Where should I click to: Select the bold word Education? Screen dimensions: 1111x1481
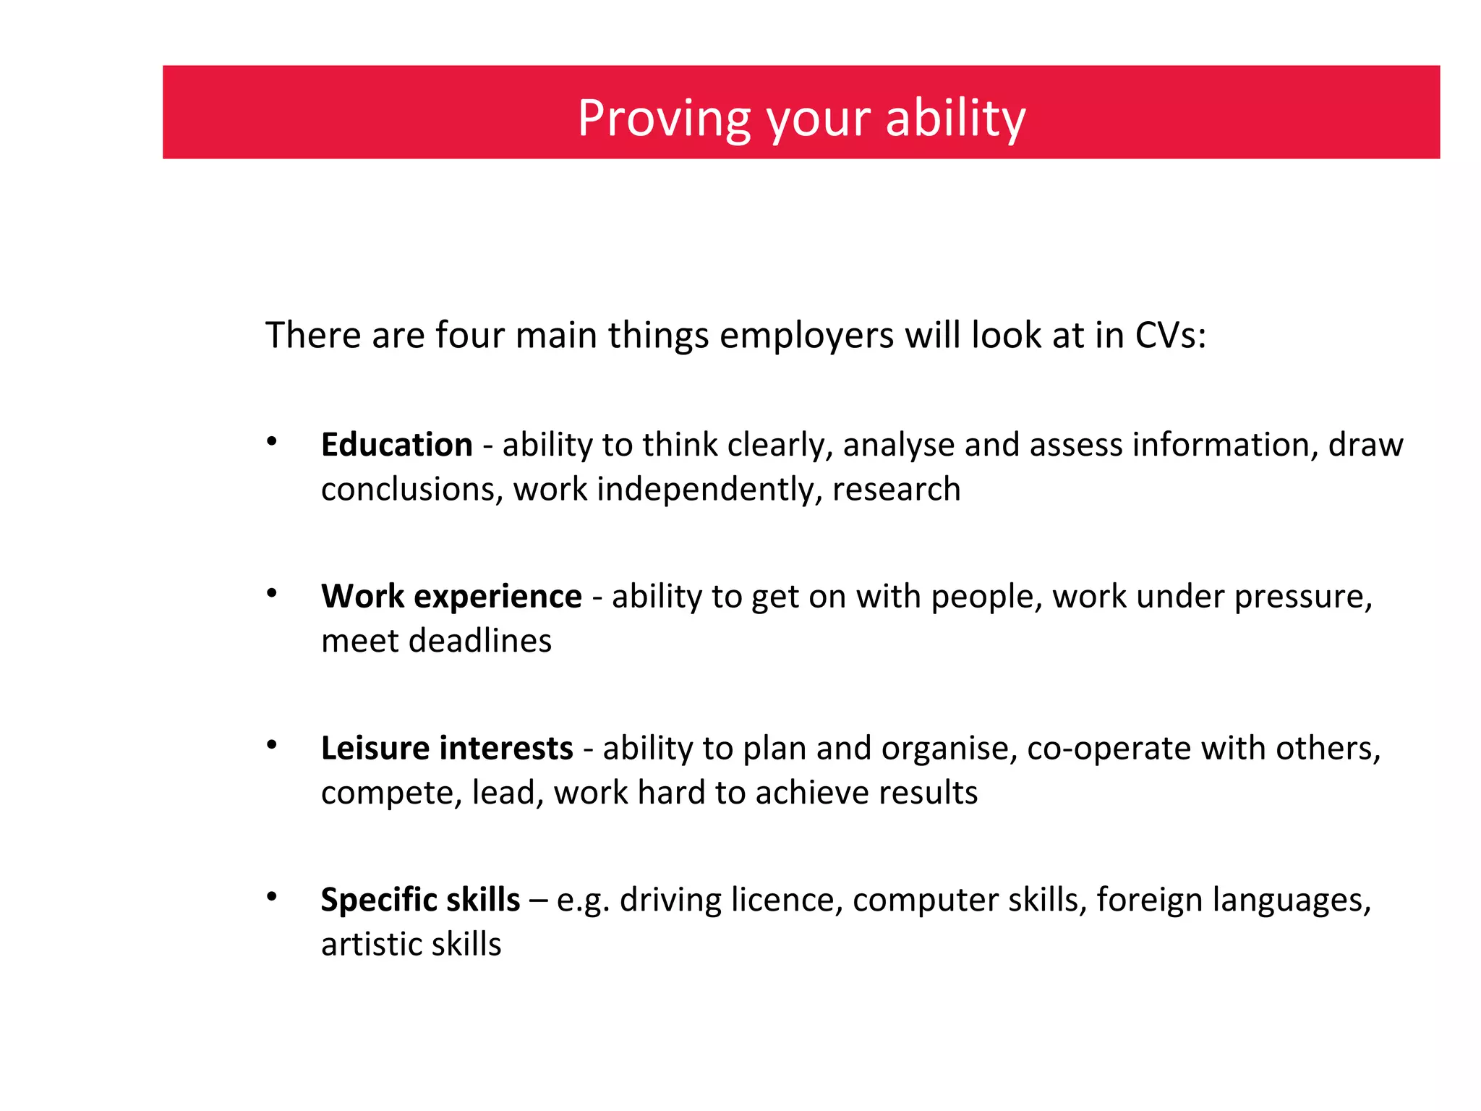coord(396,444)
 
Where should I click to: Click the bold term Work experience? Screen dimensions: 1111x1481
coord(451,596)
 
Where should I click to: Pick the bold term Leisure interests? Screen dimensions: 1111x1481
coord(447,748)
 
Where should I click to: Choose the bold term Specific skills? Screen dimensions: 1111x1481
coord(420,900)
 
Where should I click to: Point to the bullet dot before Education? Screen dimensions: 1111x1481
coord(272,441)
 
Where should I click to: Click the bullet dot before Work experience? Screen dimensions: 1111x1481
coord(272,593)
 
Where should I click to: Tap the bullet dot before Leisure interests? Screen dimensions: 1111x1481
coord(272,745)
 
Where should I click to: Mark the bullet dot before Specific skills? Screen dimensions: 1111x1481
coord(272,897)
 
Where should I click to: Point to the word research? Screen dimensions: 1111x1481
coord(896,490)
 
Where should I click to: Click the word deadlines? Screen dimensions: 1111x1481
coord(479,641)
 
